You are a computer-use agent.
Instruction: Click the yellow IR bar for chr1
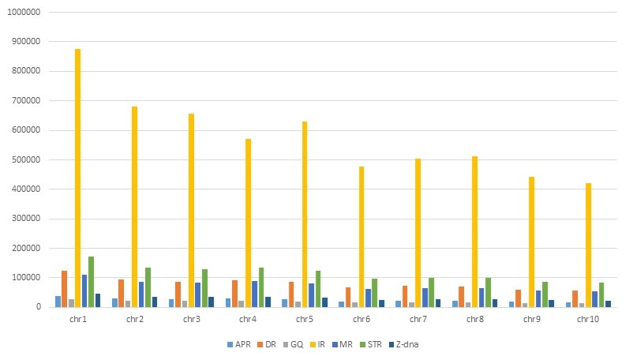(x=78, y=178)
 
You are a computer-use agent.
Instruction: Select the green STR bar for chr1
(x=92, y=282)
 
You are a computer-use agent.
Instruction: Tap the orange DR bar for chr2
(x=122, y=293)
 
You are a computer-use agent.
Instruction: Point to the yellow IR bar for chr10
(x=588, y=245)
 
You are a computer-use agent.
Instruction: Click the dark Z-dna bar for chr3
(x=211, y=302)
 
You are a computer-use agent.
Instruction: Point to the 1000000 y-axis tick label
(x=23, y=12)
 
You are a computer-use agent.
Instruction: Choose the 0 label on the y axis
(x=38, y=307)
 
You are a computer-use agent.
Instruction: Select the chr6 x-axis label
(x=361, y=319)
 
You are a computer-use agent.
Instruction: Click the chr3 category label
(x=191, y=319)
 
